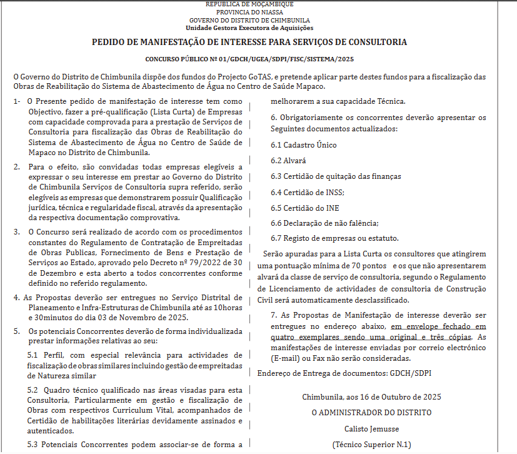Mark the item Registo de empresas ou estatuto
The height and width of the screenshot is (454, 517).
point(334,238)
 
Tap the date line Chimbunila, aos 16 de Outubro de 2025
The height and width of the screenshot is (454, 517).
point(371,397)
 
